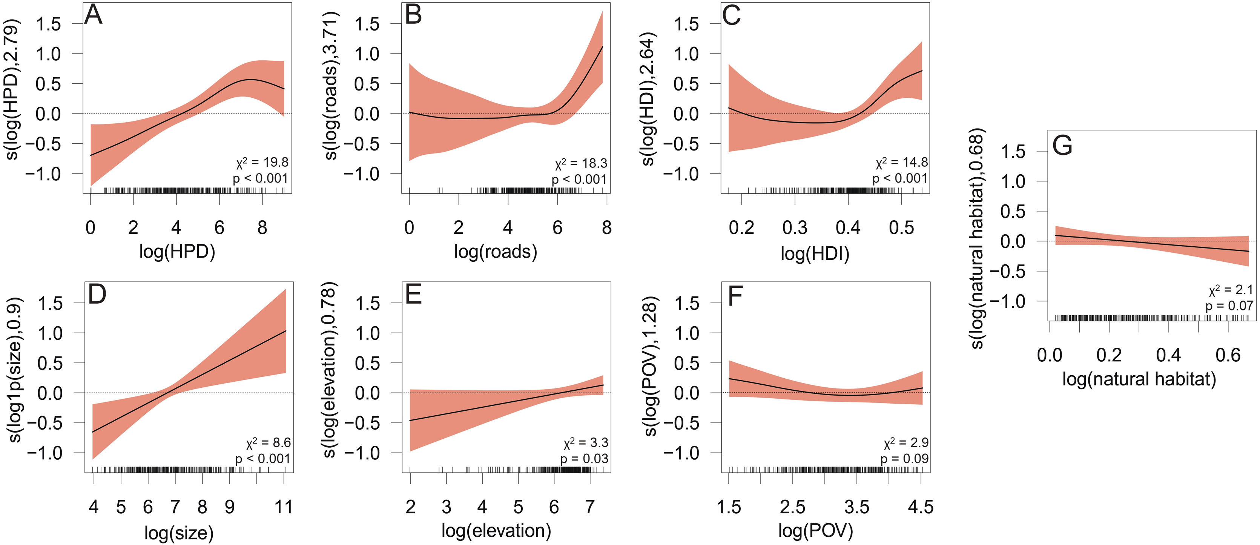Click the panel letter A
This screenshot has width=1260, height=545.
pyautogui.click(x=94, y=15)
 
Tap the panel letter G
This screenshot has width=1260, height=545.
pyautogui.click(x=1062, y=145)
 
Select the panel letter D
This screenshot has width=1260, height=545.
pyautogui.click(x=97, y=295)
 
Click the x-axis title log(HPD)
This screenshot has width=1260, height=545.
pyautogui.click(x=177, y=252)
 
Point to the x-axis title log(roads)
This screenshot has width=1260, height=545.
pyautogui.click(x=496, y=252)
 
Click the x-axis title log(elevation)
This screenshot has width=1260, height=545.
pyautogui.click(x=496, y=531)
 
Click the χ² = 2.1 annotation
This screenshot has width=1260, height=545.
pyautogui.click(x=1231, y=290)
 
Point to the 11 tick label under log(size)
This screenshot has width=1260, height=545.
pyautogui.click(x=284, y=507)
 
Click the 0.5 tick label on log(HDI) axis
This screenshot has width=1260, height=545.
pyautogui.click(x=901, y=228)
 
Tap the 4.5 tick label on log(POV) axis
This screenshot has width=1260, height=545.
pyautogui.click(x=921, y=507)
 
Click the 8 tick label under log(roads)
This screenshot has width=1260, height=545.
pyautogui.click(x=606, y=228)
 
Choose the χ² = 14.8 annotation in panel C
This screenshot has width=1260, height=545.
pyautogui.click(x=901, y=162)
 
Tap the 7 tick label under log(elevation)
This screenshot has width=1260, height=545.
pyautogui.click(x=590, y=507)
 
